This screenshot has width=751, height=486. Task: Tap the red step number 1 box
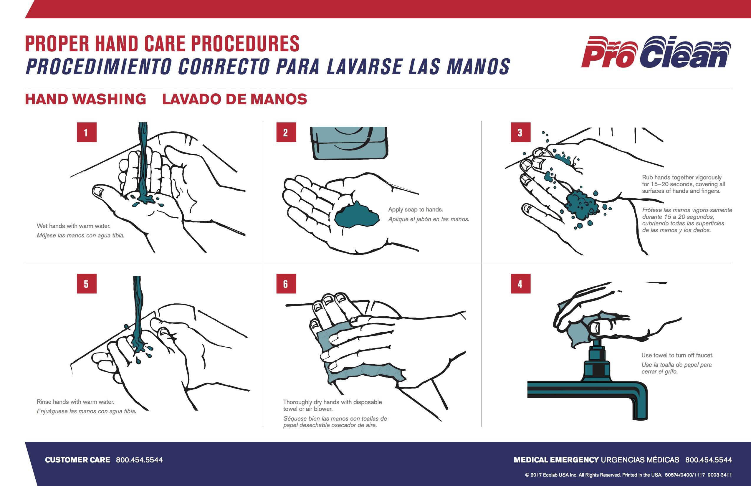point(87,132)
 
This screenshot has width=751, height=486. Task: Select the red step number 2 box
point(286,132)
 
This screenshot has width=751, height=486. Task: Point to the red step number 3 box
point(521,132)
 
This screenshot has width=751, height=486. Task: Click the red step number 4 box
point(521,284)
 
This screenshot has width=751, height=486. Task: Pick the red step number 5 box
point(87,284)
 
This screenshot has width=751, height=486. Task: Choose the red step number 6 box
point(286,284)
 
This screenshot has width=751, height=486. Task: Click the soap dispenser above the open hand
point(349,143)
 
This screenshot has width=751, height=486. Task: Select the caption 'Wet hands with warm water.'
point(74,226)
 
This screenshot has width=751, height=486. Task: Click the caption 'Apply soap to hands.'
point(416,209)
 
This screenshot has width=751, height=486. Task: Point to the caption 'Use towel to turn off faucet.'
point(677,355)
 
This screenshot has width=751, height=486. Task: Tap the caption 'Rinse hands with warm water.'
point(75,402)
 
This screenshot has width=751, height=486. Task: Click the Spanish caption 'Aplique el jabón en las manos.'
point(429,219)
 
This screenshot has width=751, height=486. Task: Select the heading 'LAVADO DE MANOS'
point(234,99)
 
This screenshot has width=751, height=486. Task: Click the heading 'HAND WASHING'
point(85,99)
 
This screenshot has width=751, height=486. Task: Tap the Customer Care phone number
point(139,460)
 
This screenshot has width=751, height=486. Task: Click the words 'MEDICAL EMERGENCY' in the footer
point(556,460)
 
